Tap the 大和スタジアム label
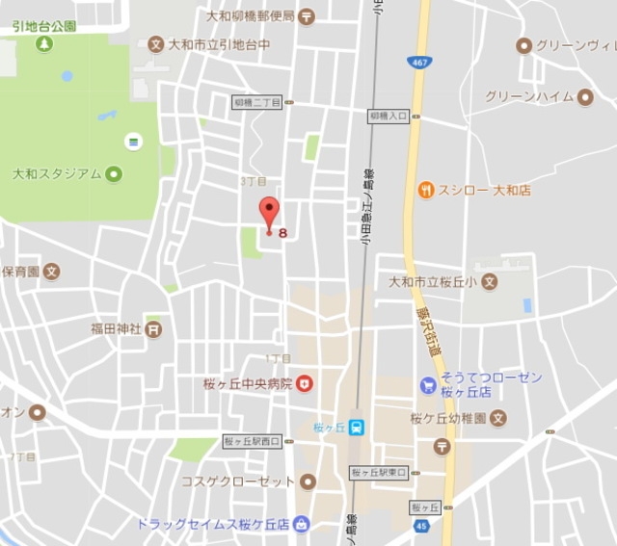coord(57,174)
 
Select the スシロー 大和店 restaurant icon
coord(425,191)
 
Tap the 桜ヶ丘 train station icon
coord(357,428)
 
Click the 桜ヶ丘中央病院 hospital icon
coord(305,383)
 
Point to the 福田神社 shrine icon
coord(154,328)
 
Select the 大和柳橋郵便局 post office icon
coord(306,16)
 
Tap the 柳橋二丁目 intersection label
coord(257,102)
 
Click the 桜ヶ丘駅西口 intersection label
coord(251,441)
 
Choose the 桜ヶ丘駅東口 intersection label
coord(379,473)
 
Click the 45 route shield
coord(420,525)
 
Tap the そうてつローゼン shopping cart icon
coord(428,385)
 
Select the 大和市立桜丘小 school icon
coord(490,283)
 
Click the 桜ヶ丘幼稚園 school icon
coord(497,418)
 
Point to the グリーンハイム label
coord(529,96)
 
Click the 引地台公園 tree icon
coord(44,43)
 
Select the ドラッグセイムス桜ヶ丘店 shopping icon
coord(301,525)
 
